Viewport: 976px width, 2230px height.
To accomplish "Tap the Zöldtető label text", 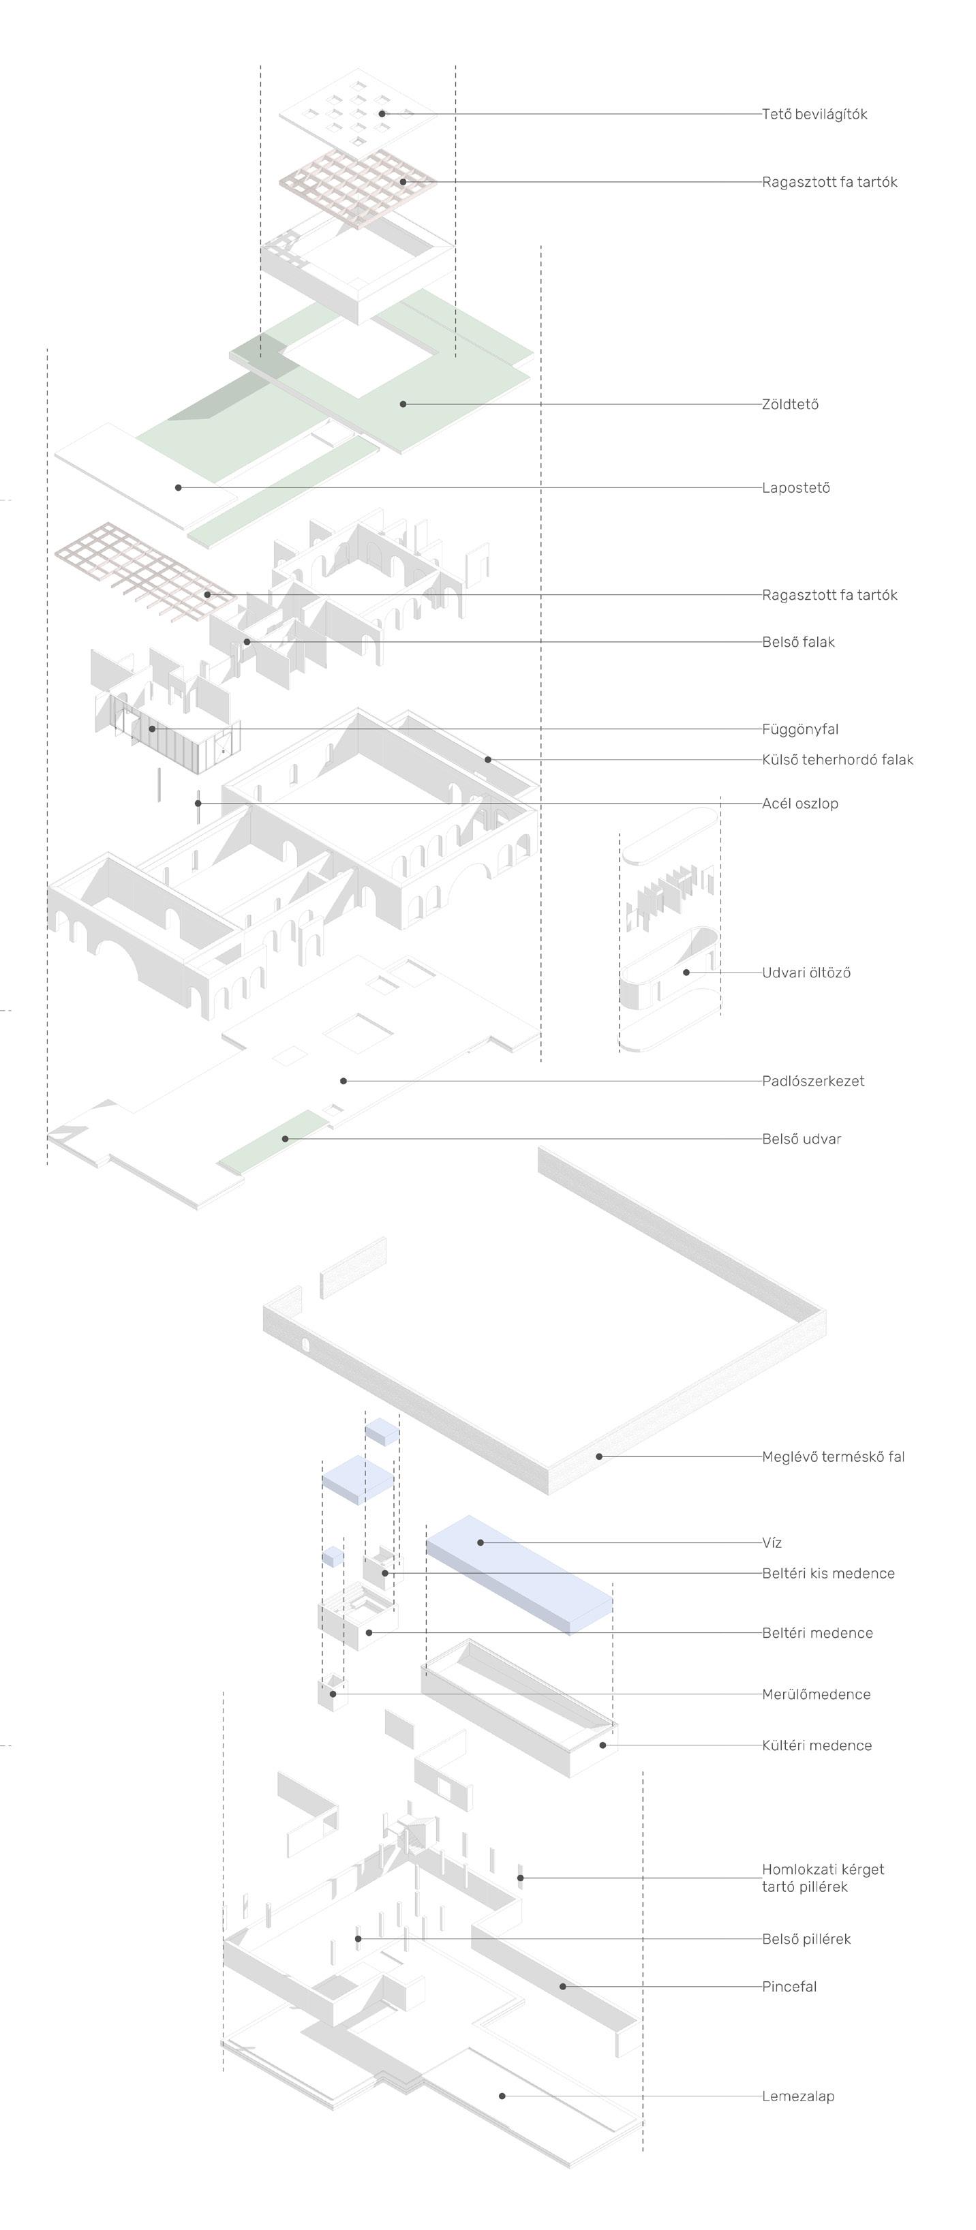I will pyautogui.click(x=790, y=404).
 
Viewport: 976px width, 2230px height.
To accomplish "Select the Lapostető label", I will pyautogui.click(x=795, y=488).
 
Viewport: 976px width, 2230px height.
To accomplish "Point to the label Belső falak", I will pyautogui.click(x=797, y=642).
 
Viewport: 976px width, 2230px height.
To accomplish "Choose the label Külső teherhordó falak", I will pyautogui.click(x=836, y=760).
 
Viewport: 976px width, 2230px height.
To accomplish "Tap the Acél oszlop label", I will pyautogui.click(x=799, y=804).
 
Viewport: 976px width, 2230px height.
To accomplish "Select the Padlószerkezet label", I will pyautogui.click(x=812, y=1081).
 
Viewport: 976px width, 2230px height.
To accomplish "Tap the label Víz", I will pyautogui.click(x=772, y=1542).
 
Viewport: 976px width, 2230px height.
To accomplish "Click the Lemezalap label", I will pyautogui.click(x=797, y=2096).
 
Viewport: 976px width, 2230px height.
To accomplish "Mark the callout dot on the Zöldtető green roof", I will pyautogui.click(x=403, y=404).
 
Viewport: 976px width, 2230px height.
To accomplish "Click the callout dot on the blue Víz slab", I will pyautogui.click(x=481, y=1542).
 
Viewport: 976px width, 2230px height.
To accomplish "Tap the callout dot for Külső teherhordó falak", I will pyautogui.click(x=487, y=760).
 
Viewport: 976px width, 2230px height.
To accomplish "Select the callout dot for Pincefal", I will pyautogui.click(x=562, y=1987).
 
